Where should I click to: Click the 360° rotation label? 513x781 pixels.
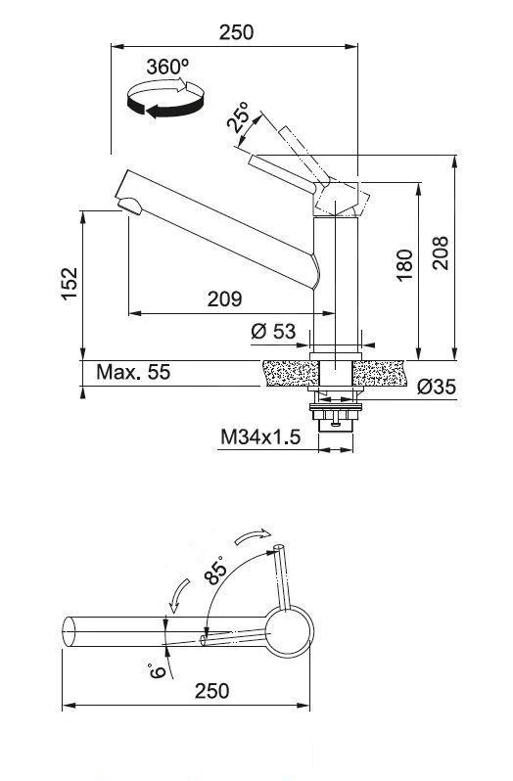[166, 67]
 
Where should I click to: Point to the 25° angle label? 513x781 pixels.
[237, 118]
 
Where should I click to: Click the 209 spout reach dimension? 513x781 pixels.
[224, 299]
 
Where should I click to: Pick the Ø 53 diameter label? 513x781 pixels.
[272, 332]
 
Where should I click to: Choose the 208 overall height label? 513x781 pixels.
[440, 254]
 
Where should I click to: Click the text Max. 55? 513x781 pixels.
[133, 372]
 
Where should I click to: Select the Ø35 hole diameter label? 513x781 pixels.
[436, 387]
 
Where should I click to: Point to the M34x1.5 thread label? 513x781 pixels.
[259, 436]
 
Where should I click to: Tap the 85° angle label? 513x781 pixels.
[216, 570]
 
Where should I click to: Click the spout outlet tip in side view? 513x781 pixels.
[128, 205]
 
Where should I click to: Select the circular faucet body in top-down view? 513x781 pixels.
[288, 632]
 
